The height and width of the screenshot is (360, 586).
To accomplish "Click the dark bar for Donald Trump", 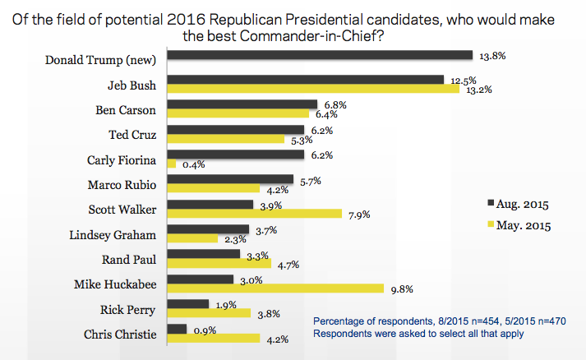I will [320, 55].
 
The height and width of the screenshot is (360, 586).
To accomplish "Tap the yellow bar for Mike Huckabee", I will [275, 288].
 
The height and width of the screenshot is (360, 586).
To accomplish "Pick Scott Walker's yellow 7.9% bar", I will [254, 214].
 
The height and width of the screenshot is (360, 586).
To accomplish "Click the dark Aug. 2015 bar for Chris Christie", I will [177, 329].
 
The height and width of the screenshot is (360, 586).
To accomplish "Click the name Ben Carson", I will [132, 109].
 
